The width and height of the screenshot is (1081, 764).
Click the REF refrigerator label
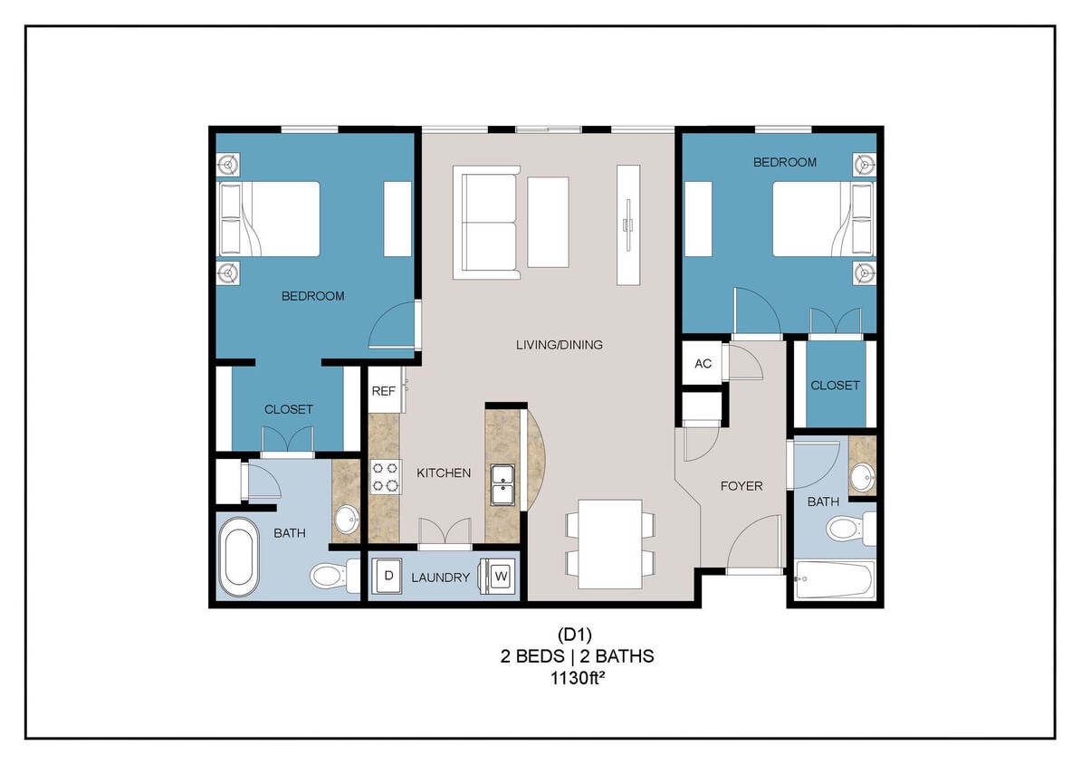click(x=383, y=392)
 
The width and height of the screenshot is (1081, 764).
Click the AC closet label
click(x=703, y=364)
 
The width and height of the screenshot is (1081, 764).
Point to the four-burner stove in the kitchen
click(x=386, y=477)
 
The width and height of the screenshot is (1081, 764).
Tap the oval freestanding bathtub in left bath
click(x=239, y=556)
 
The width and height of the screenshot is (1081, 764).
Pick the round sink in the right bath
click(x=861, y=473)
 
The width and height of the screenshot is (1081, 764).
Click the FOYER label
click(x=741, y=486)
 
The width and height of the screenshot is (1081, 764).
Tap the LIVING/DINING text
click(x=559, y=345)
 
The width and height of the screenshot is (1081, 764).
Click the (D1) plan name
click(x=577, y=635)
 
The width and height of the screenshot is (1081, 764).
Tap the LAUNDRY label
click(x=440, y=578)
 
